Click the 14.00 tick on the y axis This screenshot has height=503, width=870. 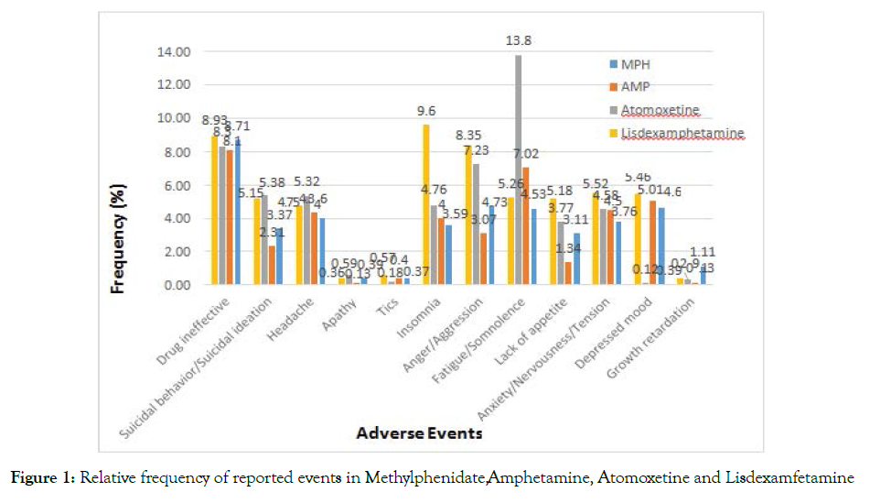pyautogui.click(x=173, y=52)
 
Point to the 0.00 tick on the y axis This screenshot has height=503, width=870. pyautogui.click(x=176, y=285)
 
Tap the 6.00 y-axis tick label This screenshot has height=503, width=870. pyautogui.click(x=176, y=185)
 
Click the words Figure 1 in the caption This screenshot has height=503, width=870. pyautogui.click(x=43, y=477)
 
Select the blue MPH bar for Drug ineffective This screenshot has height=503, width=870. pyautogui.click(x=238, y=212)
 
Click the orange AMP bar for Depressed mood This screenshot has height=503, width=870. pyautogui.click(x=650, y=243)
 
